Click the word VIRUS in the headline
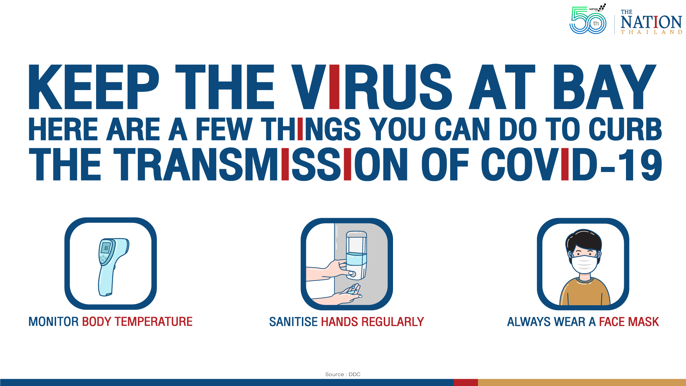(372, 87)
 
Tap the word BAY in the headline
(604, 87)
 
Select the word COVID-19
(571, 164)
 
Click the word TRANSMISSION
(260, 164)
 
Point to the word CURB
(625, 129)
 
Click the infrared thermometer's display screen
(106, 247)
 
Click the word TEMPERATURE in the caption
(153, 322)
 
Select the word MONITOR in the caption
(54, 322)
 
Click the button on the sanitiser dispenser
(353, 274)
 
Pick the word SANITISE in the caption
(293, 322)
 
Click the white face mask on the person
(584, 264)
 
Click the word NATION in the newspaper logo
(651, 22)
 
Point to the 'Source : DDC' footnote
(343, 374)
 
